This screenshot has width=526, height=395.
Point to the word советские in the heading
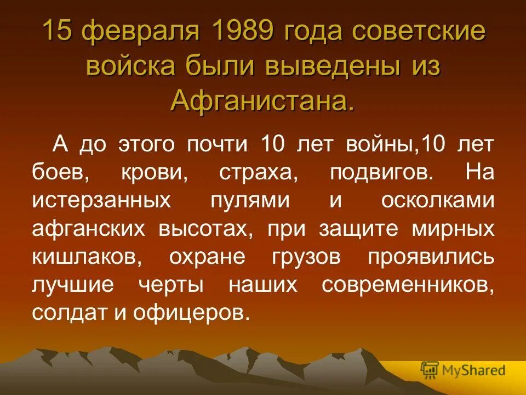pos(419,31)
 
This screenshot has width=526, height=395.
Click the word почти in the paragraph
pos(219,145)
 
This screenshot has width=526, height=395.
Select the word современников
pos(408,285)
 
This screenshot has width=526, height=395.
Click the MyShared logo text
pos(473,371)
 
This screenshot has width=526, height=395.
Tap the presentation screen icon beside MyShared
pos(430,371)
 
